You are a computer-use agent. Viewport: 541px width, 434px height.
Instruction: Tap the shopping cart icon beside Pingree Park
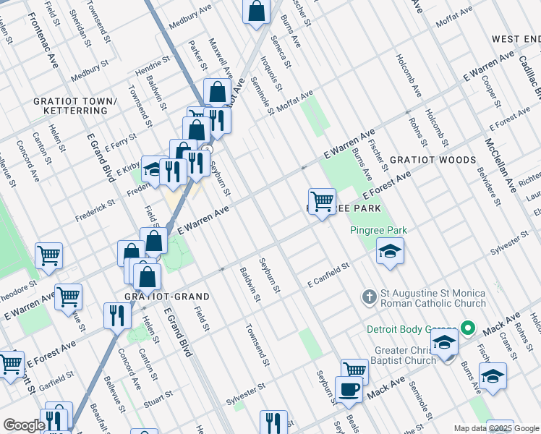pyautogui.click(x=321, y=200)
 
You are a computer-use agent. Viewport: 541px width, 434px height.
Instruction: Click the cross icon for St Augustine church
pyautogui.click(x=369, y=296)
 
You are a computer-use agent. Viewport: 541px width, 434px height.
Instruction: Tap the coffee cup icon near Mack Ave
pyautogui.click(x=349, y=389)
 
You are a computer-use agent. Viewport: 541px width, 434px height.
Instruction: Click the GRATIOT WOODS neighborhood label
pyautogui.click(x=433, y=159)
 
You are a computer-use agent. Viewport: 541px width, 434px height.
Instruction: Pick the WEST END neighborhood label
pyautogui.click(x=516, y=38)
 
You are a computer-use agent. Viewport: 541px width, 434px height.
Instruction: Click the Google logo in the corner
pyautogui.click(x=24, y=425)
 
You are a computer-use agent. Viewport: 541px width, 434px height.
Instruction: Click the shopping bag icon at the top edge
pyautogui.click(x=257, y=12)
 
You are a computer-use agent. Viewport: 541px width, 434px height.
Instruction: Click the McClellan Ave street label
pyautogui.click(x=499, y=163)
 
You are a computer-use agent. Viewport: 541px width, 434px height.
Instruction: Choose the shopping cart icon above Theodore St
pyautogui.click(x=48, y=255)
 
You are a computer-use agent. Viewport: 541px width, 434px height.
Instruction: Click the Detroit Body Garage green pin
pyautogui.click(x=467, y=330)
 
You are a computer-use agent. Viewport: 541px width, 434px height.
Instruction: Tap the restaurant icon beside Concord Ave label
pyautogui.click(x=114, y=315)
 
